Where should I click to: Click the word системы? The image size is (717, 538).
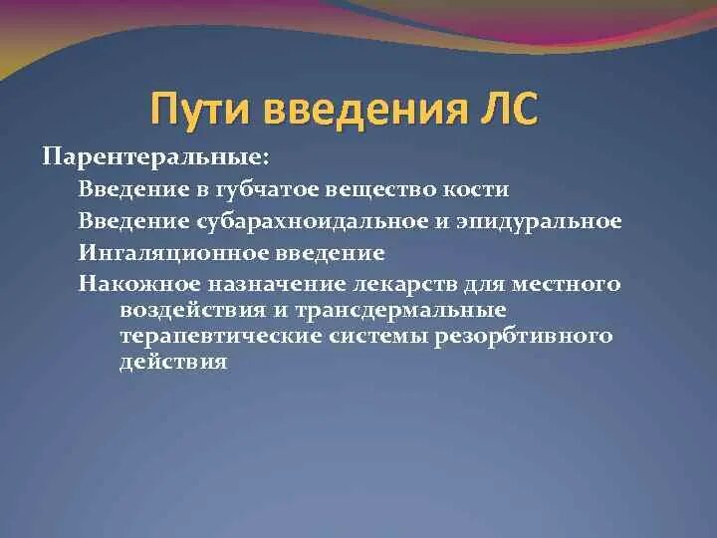click(372, 337)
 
